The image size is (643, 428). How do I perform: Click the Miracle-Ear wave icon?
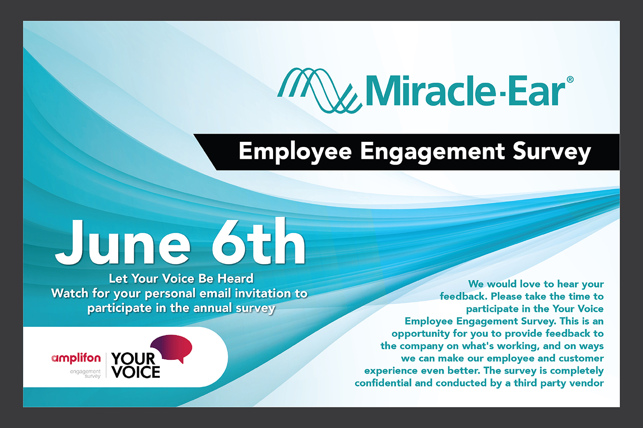point(318,90)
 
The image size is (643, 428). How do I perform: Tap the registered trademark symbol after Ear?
point(570,80)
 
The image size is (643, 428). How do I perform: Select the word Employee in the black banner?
point(295,152)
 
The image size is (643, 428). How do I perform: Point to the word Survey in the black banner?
point(552,152)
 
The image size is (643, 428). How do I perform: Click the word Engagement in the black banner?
point(433,152)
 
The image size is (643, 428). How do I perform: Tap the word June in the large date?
point(123,242)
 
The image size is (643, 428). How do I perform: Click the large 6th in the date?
point(258,241)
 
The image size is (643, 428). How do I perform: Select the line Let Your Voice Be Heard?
point(181,278)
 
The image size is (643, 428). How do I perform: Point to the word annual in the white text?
point(213,308)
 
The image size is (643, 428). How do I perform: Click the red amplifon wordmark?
point(76,359)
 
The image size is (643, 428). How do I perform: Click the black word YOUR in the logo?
point(133,359)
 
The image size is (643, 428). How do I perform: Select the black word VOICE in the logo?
point(136,372)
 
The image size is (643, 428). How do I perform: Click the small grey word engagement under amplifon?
point(85,372)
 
